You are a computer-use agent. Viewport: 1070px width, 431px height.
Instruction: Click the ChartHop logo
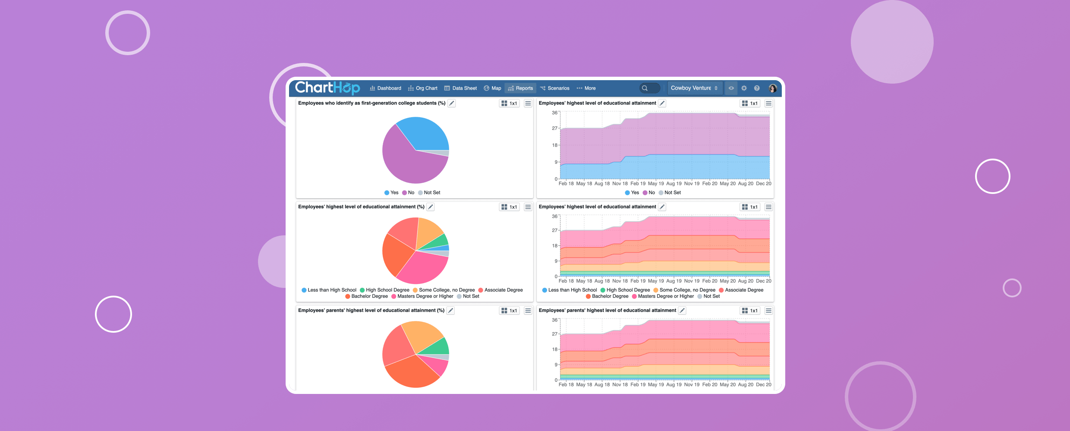[327, 88]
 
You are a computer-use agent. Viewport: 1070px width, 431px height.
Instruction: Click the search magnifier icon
[645, 88]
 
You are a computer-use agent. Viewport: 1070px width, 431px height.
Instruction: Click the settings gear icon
[744, 88]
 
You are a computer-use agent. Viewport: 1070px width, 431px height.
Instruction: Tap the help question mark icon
[757, 88]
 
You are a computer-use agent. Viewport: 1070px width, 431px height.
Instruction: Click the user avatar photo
[773, 88]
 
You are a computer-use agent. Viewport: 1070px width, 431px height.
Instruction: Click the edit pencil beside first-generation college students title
[452, 103]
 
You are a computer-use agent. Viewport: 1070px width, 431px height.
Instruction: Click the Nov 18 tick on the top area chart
[620, 184]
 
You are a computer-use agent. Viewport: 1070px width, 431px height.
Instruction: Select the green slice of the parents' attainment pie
[438, 347]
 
